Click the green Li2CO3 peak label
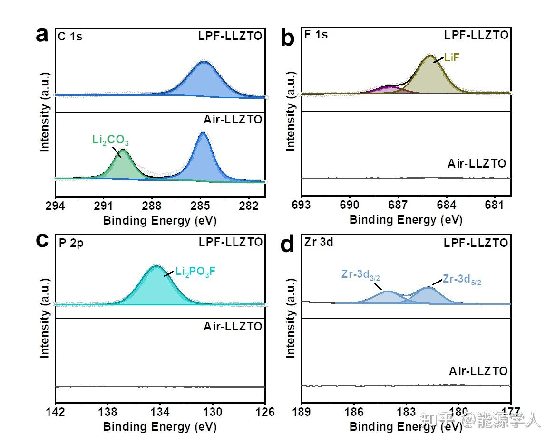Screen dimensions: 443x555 (x=110, y=141)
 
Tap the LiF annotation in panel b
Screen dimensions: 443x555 (x=452, y=58)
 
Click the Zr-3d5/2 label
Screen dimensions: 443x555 (x=465, y=279)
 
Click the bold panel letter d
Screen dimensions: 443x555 (x=288, y=244)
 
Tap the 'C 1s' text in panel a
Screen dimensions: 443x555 (x=70, y=37)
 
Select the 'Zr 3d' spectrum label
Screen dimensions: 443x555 (x=319, y=242)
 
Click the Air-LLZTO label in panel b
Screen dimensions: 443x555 (x=477, y=164)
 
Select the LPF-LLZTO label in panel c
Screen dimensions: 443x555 (x=231, y=242)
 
